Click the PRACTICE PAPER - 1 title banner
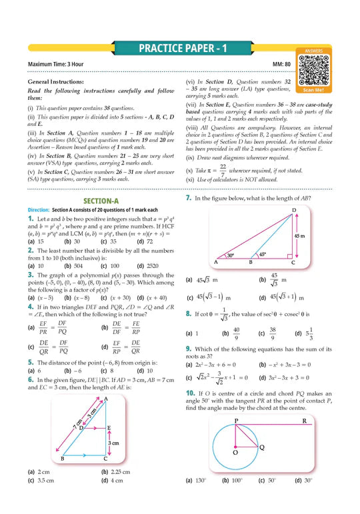click(x=179, y=49)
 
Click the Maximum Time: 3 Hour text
click(x=57, y=64)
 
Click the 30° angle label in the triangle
click(x=211, y=255)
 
